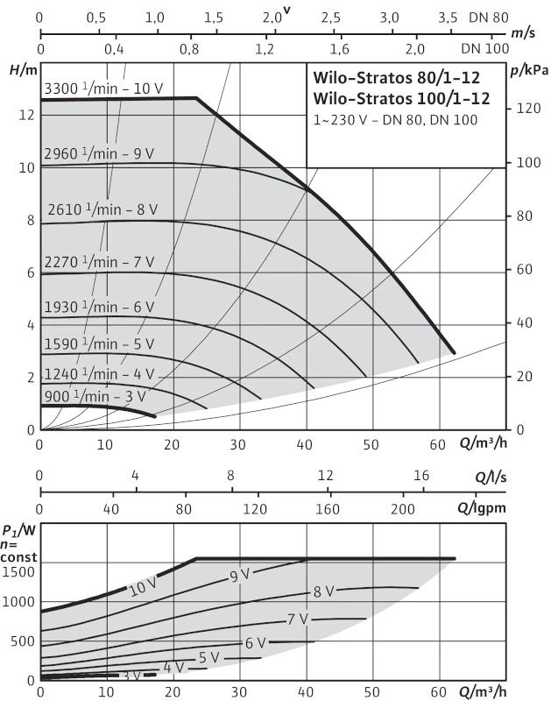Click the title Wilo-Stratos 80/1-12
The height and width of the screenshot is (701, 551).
[401, 76]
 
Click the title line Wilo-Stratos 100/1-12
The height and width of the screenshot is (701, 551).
[401, 98]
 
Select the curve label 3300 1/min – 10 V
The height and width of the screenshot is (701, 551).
[103, 88]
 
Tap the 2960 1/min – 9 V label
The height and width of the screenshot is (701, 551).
[99, 153]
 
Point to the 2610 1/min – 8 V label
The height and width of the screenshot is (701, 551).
[102, 209]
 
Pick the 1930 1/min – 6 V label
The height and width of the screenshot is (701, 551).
[99, 307]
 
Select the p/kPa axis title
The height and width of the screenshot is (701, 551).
[527, 68]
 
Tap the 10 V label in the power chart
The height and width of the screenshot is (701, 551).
[142, 588]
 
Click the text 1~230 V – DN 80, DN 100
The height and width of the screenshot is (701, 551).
[395, 119]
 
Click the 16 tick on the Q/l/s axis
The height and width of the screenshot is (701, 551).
[421, 476]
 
